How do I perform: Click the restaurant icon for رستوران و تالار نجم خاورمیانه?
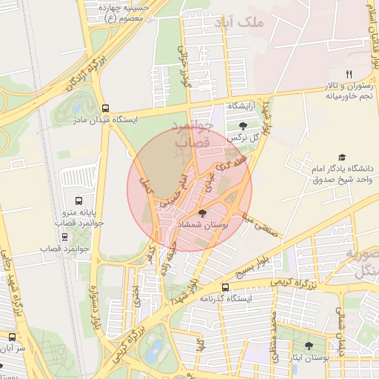(349, 73)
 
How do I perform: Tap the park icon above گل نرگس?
(243, 126)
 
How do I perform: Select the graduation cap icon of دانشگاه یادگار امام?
(342, 157)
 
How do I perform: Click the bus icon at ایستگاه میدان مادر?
(106, 107)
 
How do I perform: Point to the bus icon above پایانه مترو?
(79, 200)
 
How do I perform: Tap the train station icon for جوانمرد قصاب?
(65, 238)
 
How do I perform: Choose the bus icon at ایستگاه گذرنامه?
(225, 287)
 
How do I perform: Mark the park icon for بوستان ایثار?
(309, 346)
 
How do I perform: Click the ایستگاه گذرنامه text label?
(226, 298)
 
